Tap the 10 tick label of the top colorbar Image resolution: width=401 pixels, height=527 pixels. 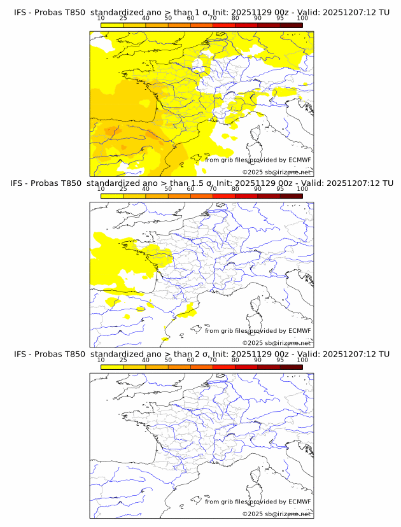(x=101, y=18)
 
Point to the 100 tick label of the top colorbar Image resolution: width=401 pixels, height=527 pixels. (x=302, y=18)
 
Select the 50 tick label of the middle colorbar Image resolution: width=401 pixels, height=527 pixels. (x=168, y=189)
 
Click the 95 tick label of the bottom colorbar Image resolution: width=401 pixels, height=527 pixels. (x=280, y=360)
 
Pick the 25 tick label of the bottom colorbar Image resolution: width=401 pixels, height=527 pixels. (x=123, y=360)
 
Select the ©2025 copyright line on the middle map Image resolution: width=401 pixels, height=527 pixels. (x=276, y=343)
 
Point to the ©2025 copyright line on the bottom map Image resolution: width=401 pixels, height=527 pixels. (x=276, y=514)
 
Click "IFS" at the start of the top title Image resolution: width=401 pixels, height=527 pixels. (x=21, y=13)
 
